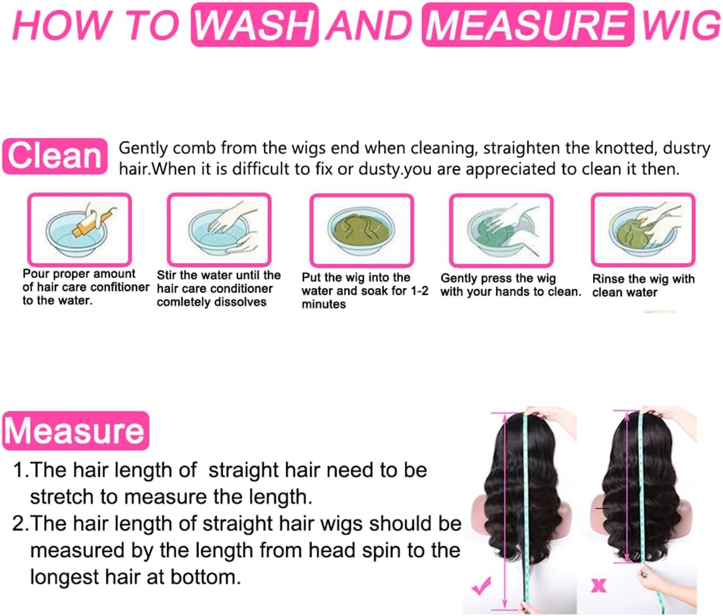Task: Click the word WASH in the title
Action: (x=255, y=25)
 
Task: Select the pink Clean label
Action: (x=55, y=156)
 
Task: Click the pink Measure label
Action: (x=75, y=430)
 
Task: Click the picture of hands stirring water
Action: (x=219, y=229)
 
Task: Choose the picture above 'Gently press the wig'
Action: (x=501, y=230)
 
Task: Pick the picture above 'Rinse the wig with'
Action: (x=643, y=229)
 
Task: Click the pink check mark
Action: (x=481, y=586)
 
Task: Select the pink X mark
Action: (x=599, y=585)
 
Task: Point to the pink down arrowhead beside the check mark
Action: (x=505, y=603)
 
